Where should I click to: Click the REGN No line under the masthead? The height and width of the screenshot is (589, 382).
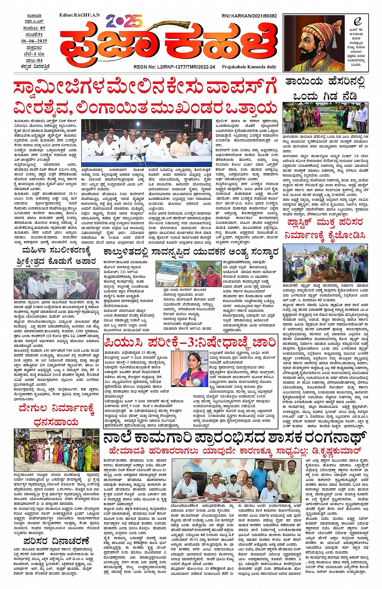pyautogui.click(x=174, y=67)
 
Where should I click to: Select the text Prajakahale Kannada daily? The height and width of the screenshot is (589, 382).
pyautogui.click(x=249, y=67)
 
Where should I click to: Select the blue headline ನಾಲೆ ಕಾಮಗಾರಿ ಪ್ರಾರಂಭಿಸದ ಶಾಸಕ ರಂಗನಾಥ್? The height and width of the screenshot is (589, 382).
pyautogui.click(x=234, y=438)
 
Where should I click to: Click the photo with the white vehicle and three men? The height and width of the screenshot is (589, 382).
pyautogui.click(x=189, y=274)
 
